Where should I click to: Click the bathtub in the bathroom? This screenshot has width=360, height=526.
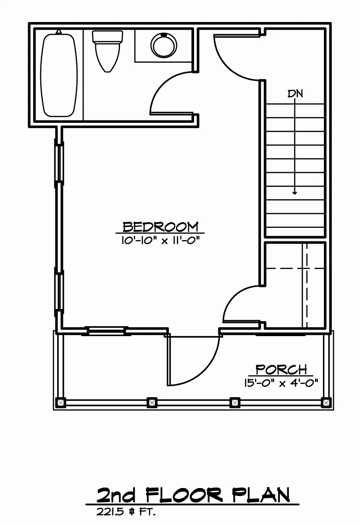(x=59, y=75)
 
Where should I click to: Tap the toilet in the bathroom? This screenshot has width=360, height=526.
(x=107, y=51)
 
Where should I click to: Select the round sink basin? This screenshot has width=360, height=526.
(x=164, y=45)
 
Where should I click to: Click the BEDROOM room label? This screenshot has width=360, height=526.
(x=160, y=227)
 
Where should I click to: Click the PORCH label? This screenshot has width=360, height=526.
(x=281, y=369)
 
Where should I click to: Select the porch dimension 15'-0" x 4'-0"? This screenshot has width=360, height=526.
(x=281, y=383)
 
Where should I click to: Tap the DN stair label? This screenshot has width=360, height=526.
(x=295, y=94)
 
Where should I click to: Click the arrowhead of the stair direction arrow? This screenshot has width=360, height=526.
(x=294, y=193)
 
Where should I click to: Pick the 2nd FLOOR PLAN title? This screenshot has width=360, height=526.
(x=193, y=495)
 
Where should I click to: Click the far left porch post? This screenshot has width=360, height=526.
(x=60, y=402)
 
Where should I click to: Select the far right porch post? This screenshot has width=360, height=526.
(x=326, y=402)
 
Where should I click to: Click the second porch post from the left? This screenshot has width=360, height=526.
(x=152, y=402)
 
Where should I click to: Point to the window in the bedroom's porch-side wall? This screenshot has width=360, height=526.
(x=107, y=331)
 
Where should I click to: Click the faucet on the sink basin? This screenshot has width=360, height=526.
(x=164, y=34)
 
